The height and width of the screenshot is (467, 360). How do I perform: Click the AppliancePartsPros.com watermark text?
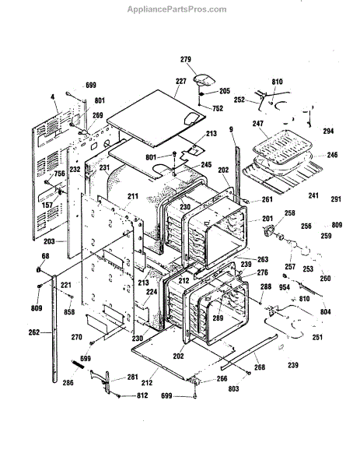click(177, 9)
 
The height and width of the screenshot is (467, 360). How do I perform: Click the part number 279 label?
click(186, 59)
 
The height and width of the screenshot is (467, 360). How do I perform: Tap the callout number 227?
click(181, 81)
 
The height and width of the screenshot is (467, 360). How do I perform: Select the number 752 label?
click(218, 108)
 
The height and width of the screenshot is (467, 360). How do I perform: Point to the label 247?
click(258, 123)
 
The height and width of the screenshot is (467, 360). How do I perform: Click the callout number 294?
click(328, 131)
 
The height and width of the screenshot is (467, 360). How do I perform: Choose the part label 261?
click(267, 199)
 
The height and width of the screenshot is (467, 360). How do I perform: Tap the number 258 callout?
click(289, 212)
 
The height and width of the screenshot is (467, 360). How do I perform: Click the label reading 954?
click(285, 287)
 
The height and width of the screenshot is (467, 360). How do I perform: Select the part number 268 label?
click(260, 367)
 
